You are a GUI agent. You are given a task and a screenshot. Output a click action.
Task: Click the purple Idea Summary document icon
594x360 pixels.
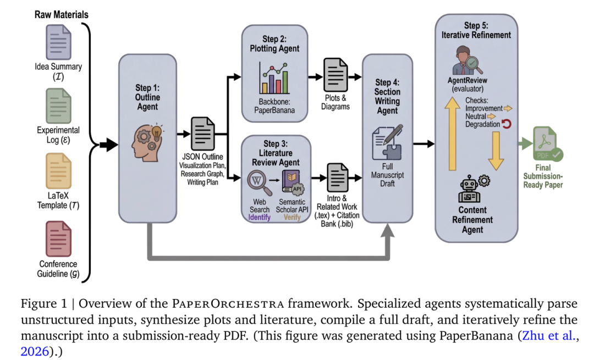[58, 42]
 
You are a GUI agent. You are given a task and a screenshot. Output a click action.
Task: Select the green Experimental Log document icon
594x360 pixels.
[58, 106]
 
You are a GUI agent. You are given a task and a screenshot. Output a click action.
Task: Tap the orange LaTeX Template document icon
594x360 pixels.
[58, 171]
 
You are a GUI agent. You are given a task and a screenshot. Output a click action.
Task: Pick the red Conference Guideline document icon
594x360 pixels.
[58, 239]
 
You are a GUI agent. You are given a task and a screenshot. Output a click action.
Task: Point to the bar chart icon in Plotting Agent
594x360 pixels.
[273, 79]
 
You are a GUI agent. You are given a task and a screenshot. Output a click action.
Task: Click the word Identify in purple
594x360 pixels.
[260, 217]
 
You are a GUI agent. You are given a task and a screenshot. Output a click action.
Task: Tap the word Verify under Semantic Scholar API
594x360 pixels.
[292, 217]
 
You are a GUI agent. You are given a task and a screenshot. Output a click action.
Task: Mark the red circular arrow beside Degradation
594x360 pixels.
[507, 124]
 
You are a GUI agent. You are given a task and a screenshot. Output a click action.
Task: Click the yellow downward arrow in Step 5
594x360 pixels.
[496, 151]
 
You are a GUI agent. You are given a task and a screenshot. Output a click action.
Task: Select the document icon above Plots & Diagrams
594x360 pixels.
[335, 75]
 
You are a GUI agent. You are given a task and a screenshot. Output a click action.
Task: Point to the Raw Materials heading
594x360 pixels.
[62, 14]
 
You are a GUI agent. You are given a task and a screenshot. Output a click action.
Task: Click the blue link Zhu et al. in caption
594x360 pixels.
[549, 335]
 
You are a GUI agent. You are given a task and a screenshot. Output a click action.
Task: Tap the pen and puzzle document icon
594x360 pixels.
[387, 142]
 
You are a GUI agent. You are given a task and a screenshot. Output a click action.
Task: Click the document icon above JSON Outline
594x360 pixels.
[203, 134]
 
